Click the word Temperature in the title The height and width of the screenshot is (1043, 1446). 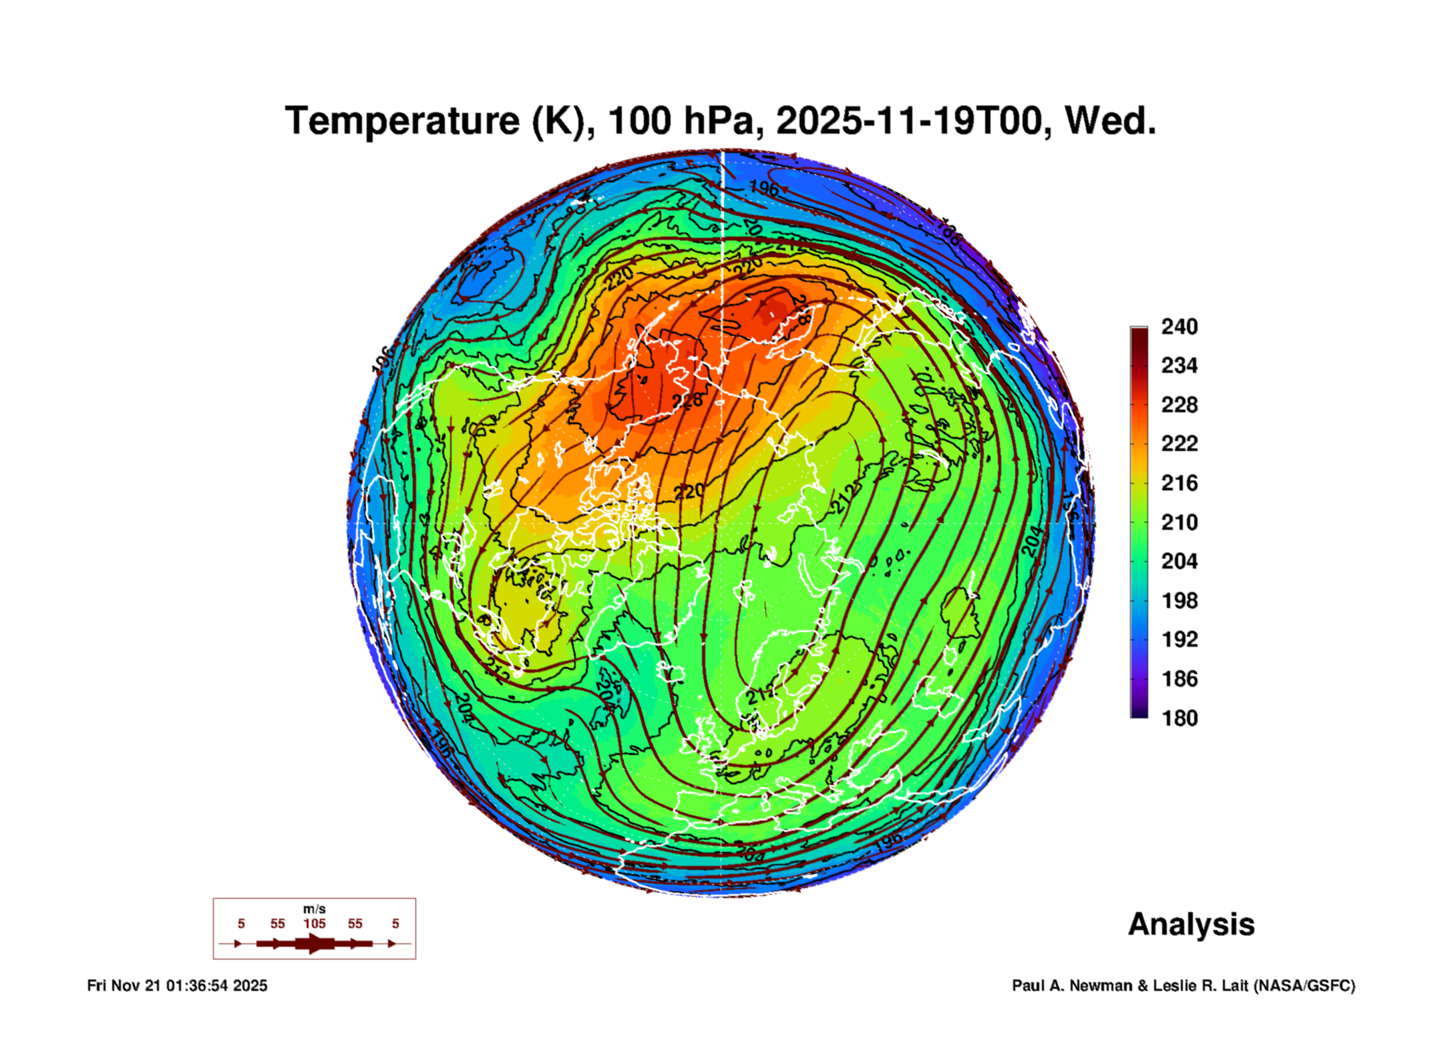point(401,122)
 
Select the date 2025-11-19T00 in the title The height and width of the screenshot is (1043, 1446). point(910,122)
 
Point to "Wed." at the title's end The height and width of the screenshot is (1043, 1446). point(1109,122)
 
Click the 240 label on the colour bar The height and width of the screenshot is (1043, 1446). point(1179,327)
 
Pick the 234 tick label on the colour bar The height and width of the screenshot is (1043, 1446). point(1179,365)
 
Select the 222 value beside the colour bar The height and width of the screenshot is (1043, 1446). point(1179,444)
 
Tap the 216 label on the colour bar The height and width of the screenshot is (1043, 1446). point(1179,483)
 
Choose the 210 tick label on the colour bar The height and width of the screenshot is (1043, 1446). point(1179,522)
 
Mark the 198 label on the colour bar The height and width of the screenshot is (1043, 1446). point(1179,601)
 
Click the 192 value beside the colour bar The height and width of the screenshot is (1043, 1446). point(1179,639)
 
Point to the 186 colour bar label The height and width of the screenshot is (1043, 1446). point(1179,679)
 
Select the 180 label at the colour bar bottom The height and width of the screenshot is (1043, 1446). point(1179,718)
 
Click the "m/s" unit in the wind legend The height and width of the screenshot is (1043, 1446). point(314,909)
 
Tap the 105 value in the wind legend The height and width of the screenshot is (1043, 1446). point(314,924)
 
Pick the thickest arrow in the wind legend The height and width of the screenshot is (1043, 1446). point(314,943)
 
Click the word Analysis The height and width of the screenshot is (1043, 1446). point(1191,925)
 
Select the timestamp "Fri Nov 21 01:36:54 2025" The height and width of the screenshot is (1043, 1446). point(177,986)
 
